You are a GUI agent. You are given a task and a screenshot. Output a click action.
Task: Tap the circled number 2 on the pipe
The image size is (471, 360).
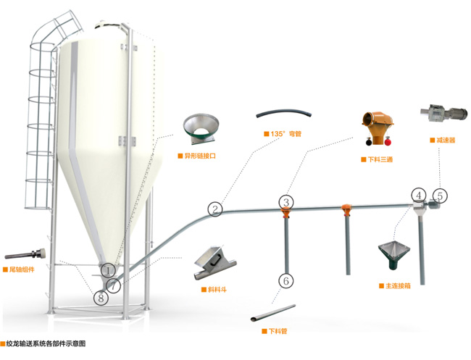point(214,209)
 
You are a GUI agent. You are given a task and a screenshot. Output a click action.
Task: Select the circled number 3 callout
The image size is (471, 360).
point(287,202)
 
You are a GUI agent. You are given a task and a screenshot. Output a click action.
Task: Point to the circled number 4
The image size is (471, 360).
point(419,195)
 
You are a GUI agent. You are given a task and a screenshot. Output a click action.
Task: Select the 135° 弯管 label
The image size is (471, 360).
point(285,134)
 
